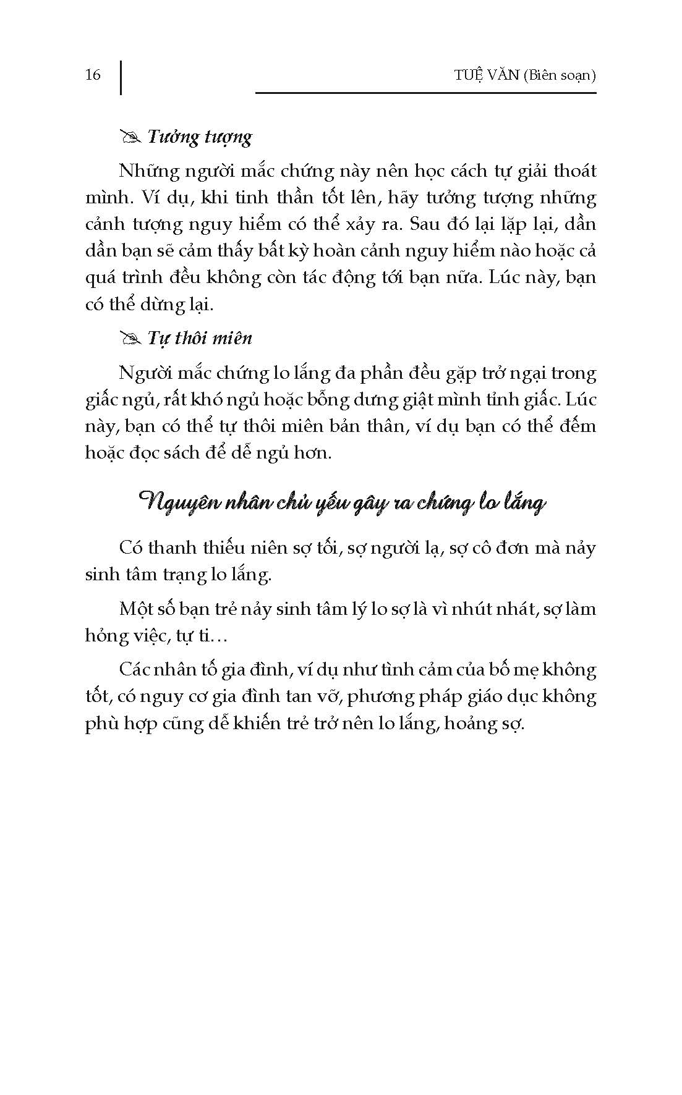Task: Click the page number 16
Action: click(93, 75)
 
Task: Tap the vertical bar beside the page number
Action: click(120, 77)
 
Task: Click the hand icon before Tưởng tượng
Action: click(131, 137)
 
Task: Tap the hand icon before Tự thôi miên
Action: click(131, 339)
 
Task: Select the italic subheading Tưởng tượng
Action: click(199, 137)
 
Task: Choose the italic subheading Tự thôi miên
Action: click(200, 339)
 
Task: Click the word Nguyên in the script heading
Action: click(174, 502)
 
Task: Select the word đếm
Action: click(577, 426)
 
